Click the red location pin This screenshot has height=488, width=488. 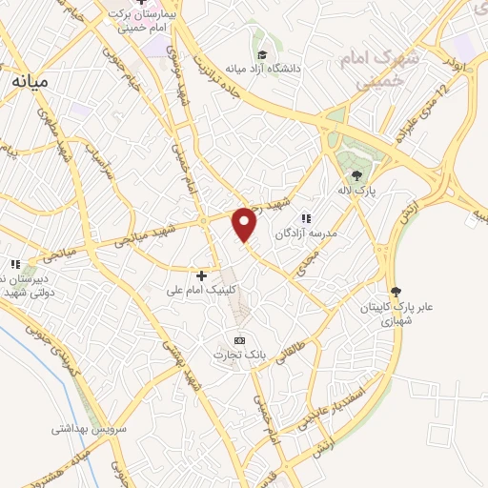pyautogui.click(x=245, y=224)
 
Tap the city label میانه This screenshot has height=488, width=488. pyautogui.click(x=30, y=83)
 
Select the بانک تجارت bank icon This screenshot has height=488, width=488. pyautogui.click(x=239, y=340)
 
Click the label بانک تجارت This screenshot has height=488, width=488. pyautogui.click(x=240, y=356)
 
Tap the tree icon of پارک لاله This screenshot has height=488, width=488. pyautogui.click(x=356, y=175)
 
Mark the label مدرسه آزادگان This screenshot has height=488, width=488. pyautogui.click(x=307, y=234)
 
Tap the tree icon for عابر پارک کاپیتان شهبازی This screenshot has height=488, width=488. pyautogui.click(x=396, y=292)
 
